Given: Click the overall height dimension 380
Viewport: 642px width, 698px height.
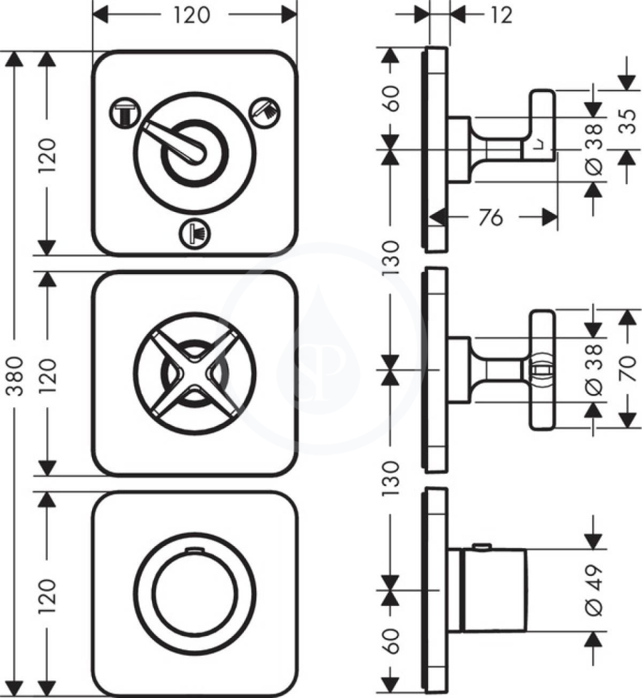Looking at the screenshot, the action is [x=16, y=376].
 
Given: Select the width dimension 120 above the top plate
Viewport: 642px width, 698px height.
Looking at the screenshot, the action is [x=192, y=15].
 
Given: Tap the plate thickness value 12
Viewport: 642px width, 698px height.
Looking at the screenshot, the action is [x=502, y=15].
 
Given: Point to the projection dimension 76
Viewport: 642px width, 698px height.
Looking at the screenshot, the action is [x=491, y=217].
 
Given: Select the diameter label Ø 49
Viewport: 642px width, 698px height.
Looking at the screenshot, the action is [x=594, y=590].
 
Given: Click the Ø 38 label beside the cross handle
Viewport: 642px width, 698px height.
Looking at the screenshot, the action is [x=594, y=369].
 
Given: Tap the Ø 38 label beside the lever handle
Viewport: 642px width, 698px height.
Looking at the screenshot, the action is [x=594, y=149].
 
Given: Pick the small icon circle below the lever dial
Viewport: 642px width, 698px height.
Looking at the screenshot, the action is [x=194, y=233].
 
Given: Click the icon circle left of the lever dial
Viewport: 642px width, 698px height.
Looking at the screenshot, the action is [x=125, y=113].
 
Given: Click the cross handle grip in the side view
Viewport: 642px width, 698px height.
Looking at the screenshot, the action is [x=542, y=370].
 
